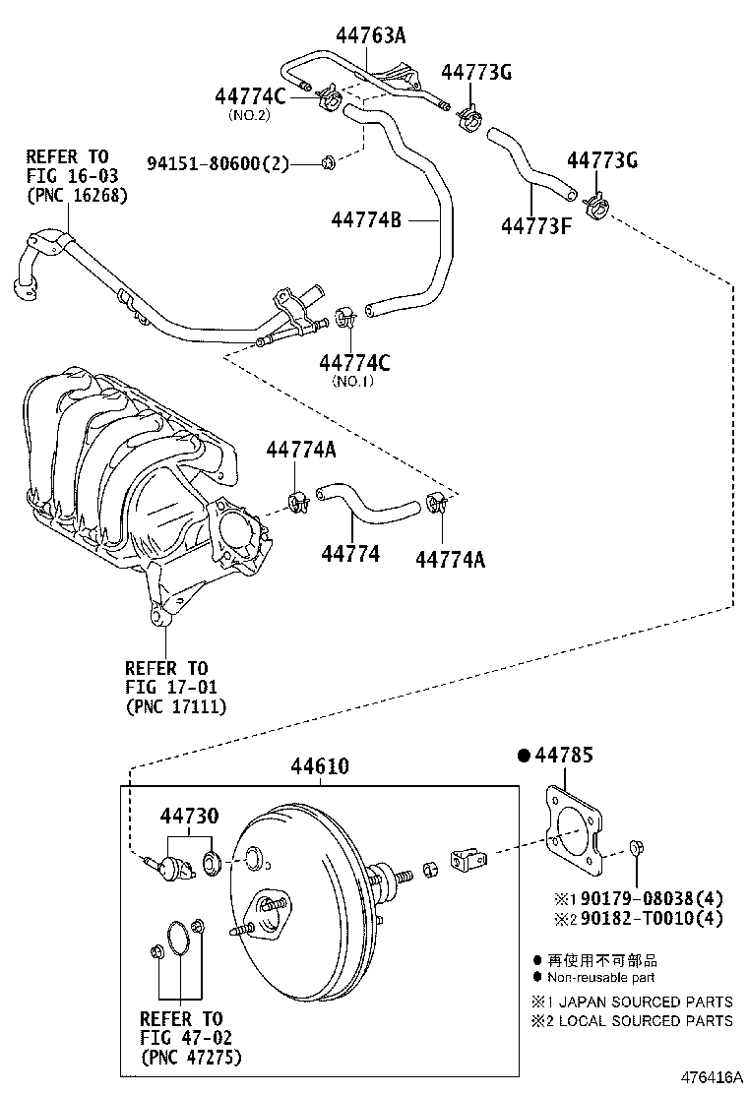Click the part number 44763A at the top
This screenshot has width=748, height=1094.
coord(371,38)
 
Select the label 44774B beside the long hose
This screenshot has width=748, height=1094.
coord(366,220)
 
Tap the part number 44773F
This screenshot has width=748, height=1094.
coord(537,227)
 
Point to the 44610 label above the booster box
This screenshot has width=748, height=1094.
coord(319,767)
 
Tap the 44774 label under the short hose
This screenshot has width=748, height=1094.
coord(349,555)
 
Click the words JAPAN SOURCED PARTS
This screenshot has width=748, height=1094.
coord(646,1002)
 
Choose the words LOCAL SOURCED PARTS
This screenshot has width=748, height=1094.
coord(646,1020)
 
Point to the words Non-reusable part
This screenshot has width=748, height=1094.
coord(600,978)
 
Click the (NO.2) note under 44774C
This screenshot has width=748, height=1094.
coord(249,115)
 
